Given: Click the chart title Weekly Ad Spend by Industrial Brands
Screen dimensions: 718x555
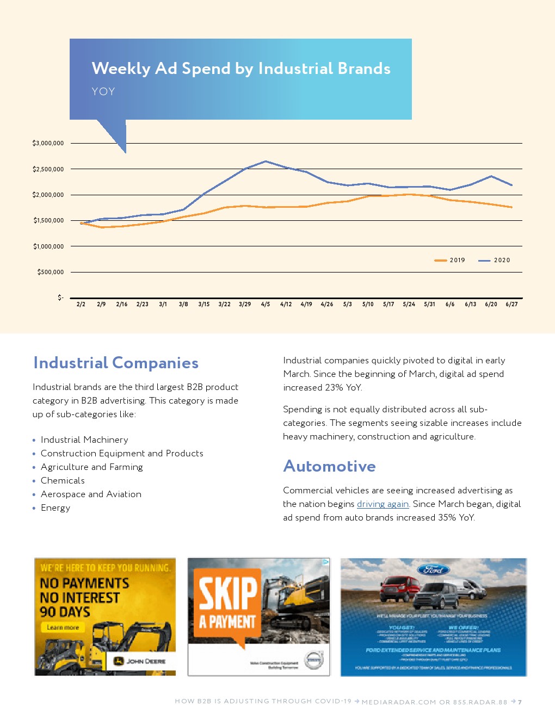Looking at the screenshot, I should pyautogui.click(x=241, y=69).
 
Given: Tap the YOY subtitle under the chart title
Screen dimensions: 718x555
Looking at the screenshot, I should pyautogui.click(x=103, y=91).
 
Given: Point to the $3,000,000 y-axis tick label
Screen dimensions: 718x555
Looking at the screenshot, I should pyautogui.click(x=48, y=143).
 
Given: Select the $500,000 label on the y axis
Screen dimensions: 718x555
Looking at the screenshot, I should pyautogui.click(x=50, y=272).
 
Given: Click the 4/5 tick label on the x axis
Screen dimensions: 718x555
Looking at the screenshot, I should pyautogui.click(x=266, y=305).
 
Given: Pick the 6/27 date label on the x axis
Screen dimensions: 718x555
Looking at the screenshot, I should pyautogui.click(x=511, y=305).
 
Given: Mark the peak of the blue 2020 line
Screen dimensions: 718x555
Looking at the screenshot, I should pyautogui.click(x=266, y=161).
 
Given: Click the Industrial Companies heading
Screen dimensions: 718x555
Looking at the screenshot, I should pyautogui.click(x=116, y=363).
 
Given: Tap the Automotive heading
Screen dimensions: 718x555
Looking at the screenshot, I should pyautogui.click(x=329, y=466).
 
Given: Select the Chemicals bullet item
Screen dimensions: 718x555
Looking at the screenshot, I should pyautogui.click(x=63, y=480).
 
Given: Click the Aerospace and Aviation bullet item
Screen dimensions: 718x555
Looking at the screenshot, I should pyautogui.click(x=91, y=494).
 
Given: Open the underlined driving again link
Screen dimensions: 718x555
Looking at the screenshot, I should pyautogui.click(x=383, y=504).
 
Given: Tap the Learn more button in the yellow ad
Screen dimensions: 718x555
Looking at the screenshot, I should pyautogui.click(x=63, y=627).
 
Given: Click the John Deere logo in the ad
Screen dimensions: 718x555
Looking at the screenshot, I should pyautogui.click(x=140, y=661).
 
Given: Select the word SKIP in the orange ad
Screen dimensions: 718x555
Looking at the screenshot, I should pyautogui.click(x=227, y=593).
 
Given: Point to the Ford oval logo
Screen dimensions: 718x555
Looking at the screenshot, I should pyautogui.click(x=433, y=570).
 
